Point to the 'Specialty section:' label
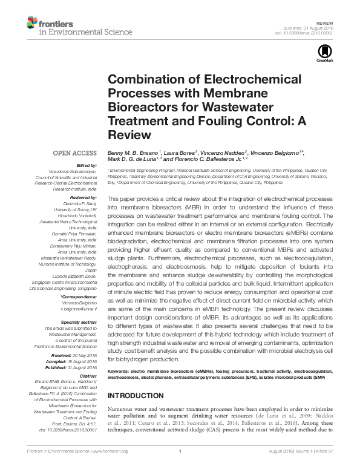coord(79,323)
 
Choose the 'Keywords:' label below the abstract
coord(120,369)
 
